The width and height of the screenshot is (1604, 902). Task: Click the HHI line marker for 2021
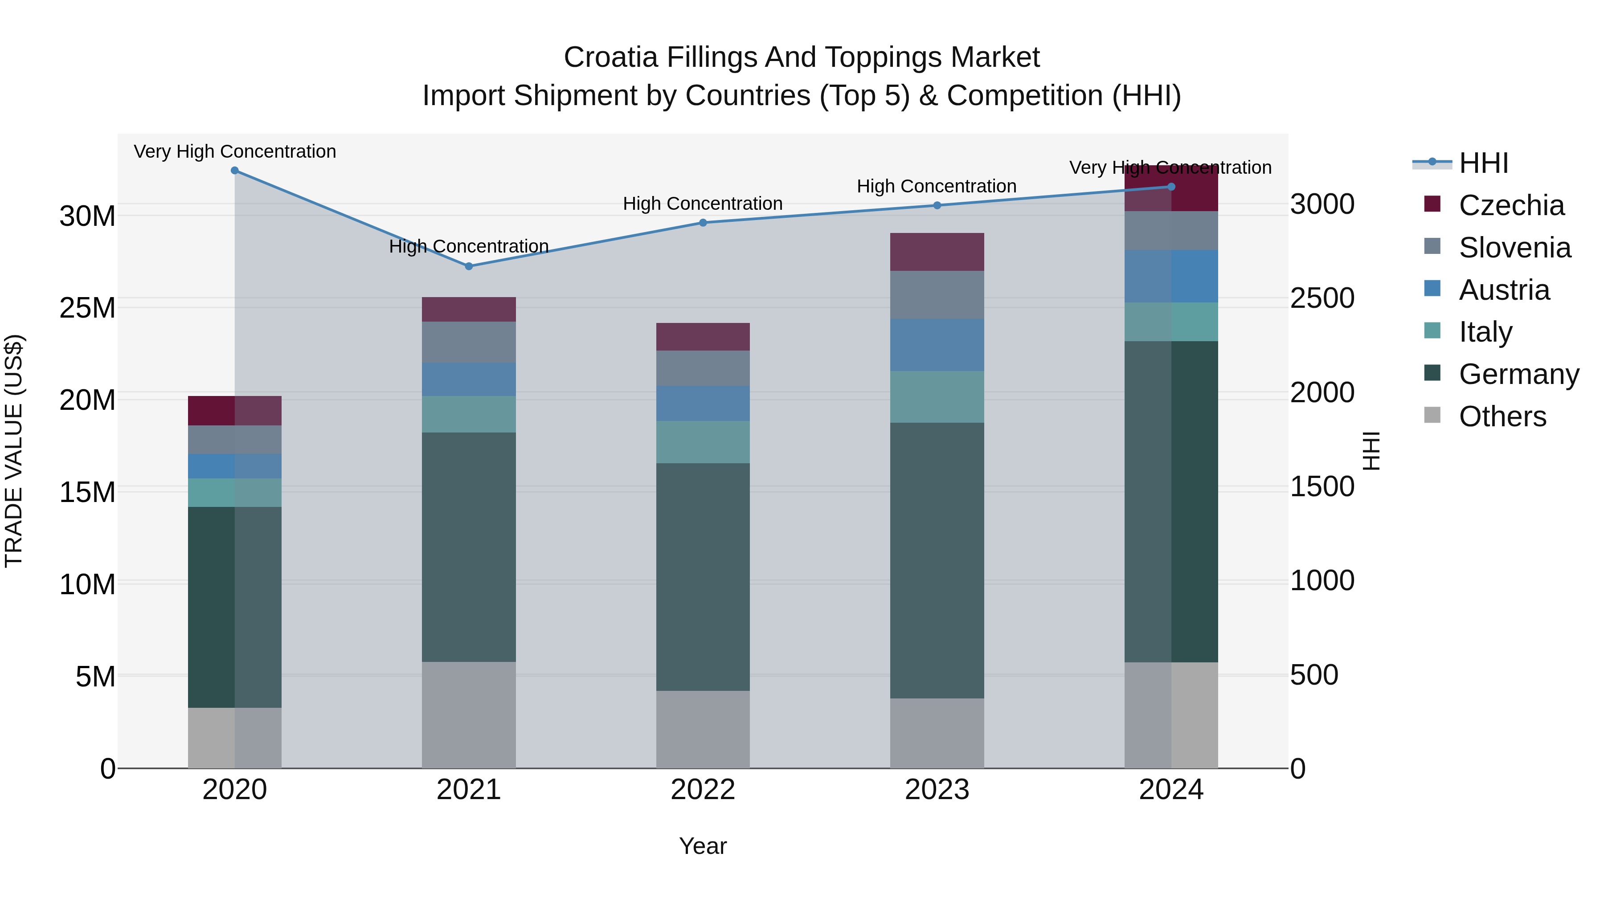tap(469, 266)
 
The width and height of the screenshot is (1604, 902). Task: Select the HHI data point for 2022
tap(703, 223)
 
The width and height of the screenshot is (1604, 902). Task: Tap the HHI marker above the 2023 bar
tap(937, 205)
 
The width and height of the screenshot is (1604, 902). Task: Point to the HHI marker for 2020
tap(235, 171)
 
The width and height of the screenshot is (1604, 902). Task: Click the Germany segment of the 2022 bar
tap(703, 576)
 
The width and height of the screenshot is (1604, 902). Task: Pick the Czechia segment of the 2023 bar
tap(937, 252)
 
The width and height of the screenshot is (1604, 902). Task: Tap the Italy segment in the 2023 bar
tap(937, 397)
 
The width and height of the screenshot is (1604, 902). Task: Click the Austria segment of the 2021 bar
tap(469, 380)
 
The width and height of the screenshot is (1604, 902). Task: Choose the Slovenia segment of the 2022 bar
tap(703, 368)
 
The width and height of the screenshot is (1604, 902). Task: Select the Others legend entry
tap(1502, 416)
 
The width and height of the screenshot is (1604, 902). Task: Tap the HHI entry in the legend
tap(1483, 163)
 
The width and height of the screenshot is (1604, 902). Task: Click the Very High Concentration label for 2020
tap(235, 152)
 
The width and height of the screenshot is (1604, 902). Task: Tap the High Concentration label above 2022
tap(703, 204)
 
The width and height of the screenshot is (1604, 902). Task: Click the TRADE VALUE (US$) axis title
tap(14, 451)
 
